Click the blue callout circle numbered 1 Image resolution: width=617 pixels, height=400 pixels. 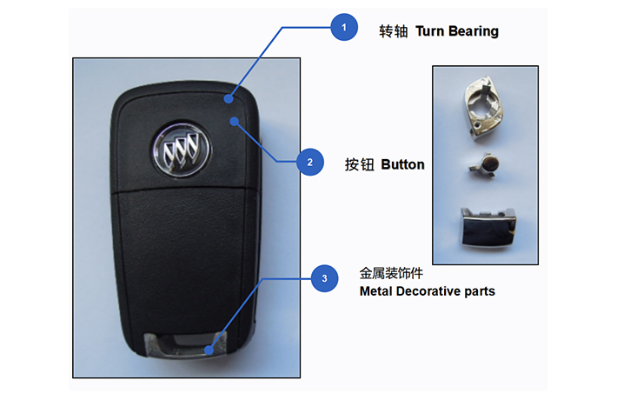click(x=344, y=28)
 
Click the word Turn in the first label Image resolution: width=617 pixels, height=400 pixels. click(x=431, y=31)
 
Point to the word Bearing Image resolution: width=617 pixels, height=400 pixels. click(x=474, y=31)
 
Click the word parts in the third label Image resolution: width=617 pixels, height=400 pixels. click(x=479, y=291)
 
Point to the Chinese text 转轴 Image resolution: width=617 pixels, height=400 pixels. click(x=393, y=31)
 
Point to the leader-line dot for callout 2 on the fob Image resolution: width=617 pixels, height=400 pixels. click(x=235, y=121)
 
